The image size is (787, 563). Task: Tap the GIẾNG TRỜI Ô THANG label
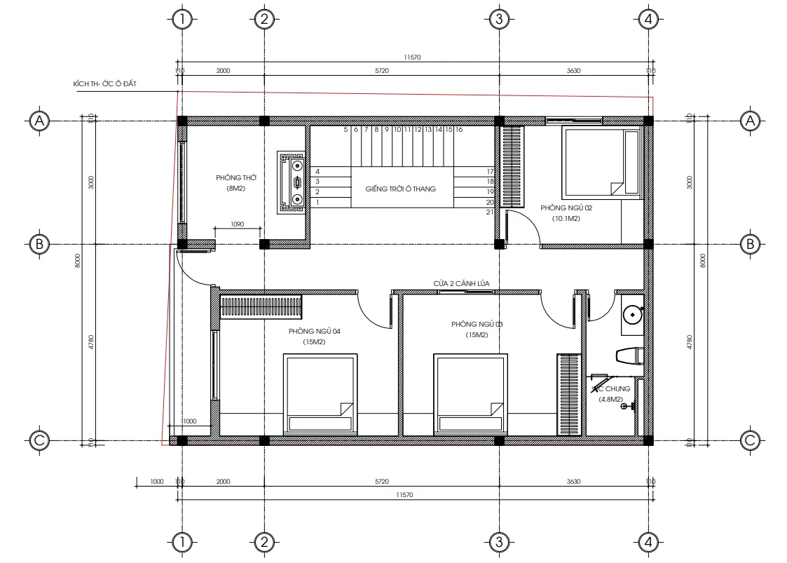400,189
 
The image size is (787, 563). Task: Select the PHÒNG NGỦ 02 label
566,208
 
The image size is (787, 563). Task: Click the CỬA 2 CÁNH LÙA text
461,283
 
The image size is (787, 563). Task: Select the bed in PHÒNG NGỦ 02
602,162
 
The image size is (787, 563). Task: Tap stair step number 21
490,212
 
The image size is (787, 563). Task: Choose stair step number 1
317,202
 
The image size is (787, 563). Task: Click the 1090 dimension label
237,224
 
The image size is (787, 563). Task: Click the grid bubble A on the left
39,121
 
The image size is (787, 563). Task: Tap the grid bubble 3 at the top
498,19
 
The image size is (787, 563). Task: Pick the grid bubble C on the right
750,440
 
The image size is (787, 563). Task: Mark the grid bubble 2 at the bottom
264,542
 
